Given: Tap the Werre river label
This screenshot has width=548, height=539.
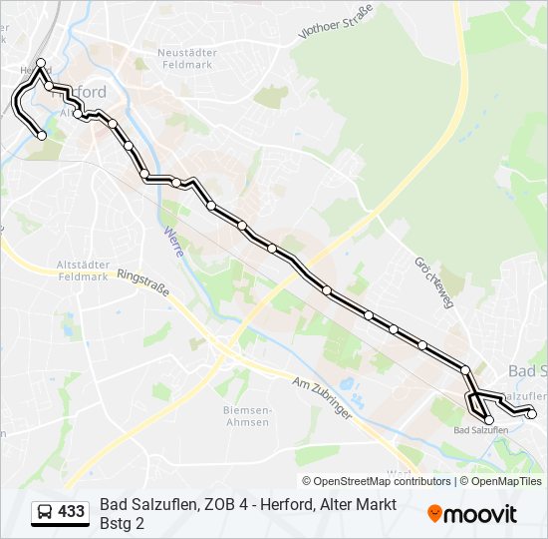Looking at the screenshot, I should point(171,242).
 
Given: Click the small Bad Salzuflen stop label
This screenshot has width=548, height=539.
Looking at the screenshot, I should point(480,430).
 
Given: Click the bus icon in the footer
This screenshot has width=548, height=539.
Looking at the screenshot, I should point(45,513).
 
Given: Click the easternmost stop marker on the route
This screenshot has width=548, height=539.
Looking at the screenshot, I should point(531,413).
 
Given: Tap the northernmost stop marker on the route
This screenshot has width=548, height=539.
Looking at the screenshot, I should point(41,63).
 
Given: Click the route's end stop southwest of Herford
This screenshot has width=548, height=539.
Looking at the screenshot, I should point(42,136).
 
